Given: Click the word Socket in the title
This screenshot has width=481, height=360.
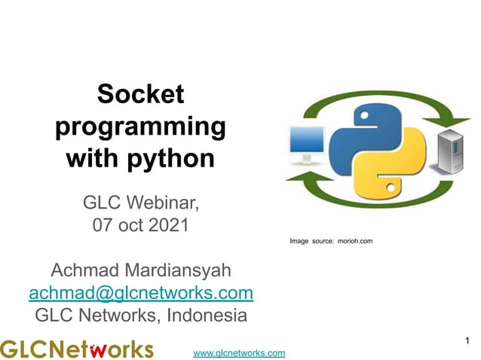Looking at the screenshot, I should [x=140, y=94].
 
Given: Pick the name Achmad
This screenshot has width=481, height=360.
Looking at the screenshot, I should [x=81, y=270].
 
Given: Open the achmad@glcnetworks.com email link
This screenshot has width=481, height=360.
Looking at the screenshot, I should [x=140, y=292].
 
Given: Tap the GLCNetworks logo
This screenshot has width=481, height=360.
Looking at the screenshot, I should [x=76, y=349].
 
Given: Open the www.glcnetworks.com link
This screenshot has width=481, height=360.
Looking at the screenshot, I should [x=239, y=352].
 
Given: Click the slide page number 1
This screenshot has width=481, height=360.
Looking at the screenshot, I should [x=467, y=343].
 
